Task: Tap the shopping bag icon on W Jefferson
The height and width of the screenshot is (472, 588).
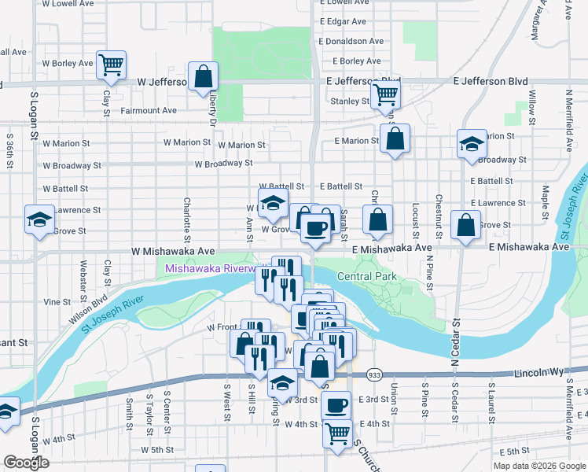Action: click(203, 77)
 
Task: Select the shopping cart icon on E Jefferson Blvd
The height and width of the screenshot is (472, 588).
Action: click(385, 94)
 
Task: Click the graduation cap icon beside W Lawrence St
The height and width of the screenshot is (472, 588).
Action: click(39, 219)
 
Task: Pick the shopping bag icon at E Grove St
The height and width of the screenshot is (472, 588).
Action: click(466, 226)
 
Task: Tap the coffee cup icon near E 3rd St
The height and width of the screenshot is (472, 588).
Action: click(336, 406)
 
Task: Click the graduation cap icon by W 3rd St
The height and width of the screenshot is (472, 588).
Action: click(282, 383)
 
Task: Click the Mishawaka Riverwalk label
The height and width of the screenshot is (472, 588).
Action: click(211, 269)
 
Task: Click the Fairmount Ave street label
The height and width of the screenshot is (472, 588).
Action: click(149, 111)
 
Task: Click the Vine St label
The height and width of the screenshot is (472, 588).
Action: click(57, 302)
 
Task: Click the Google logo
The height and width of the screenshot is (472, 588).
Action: click(27, 463)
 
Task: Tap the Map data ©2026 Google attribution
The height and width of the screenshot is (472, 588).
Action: click(538, 466)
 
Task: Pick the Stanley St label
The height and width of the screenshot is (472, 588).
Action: click(350, 101)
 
